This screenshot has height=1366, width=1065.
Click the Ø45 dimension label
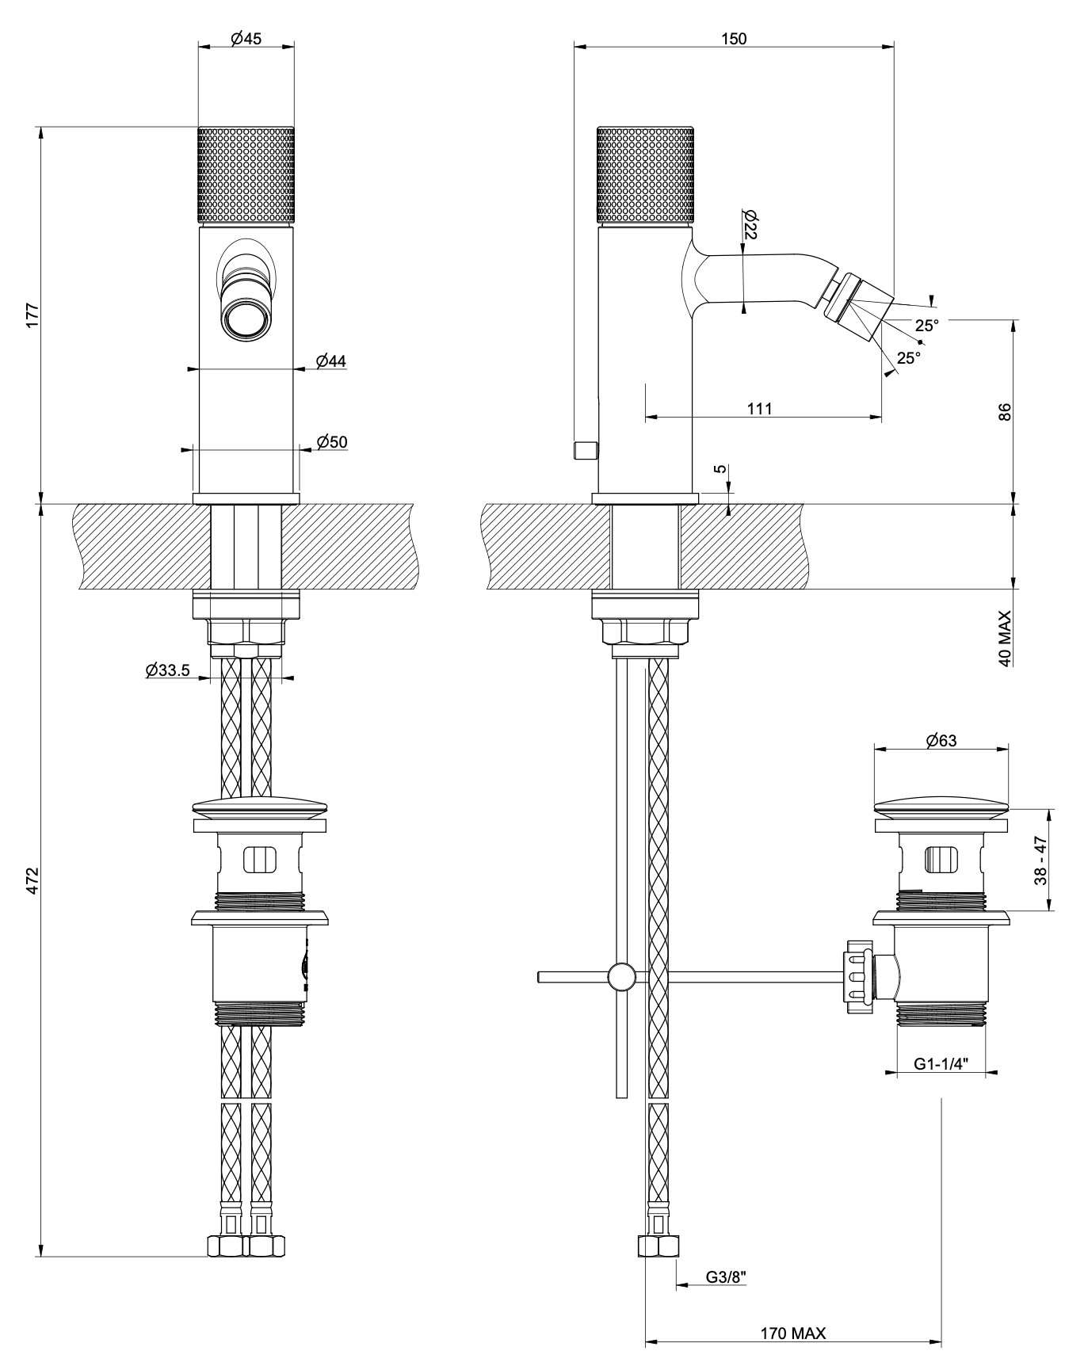point(246,39)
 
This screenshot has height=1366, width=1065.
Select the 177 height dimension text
point(32,315)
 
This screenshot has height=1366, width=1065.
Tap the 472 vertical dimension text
point(32,880)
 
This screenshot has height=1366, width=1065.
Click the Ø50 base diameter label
point(332,442)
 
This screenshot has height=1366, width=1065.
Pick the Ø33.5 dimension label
point(167,670)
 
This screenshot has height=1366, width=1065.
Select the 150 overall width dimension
point(734,39)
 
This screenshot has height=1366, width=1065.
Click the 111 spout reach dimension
point(759,408)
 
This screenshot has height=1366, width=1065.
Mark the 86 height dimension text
point(1005,412)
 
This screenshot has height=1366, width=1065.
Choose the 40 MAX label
point(1005,638)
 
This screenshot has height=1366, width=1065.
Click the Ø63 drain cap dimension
point(941,740)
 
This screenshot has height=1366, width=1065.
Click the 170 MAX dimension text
point(792,1334)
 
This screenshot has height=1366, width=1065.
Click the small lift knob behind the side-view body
point(585,450)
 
